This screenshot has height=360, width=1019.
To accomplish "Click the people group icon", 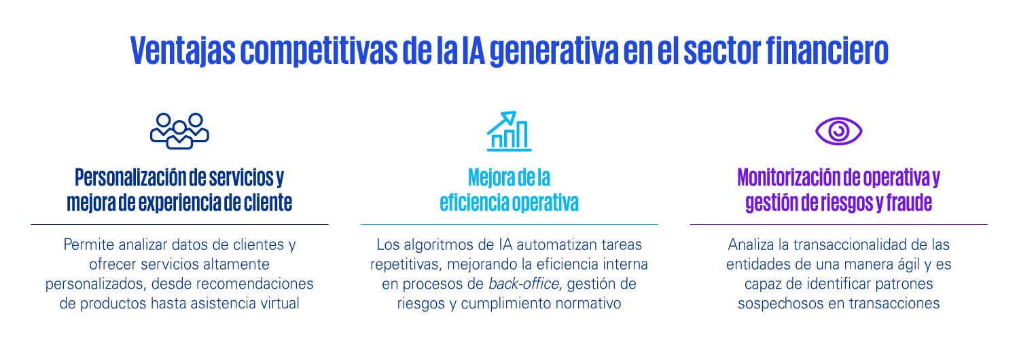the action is pos(179,131).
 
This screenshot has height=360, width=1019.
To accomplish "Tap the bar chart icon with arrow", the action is pos(509,131).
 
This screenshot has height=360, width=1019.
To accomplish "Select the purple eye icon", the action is pos(838,131).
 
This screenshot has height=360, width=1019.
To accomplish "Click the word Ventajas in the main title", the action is pos(183,50).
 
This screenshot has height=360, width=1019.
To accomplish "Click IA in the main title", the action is pos(473,50).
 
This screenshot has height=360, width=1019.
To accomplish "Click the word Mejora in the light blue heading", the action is pos(490,177).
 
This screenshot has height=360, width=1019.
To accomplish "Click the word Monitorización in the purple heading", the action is pos(789,177).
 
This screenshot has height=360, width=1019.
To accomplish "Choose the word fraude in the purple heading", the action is pos(909,202).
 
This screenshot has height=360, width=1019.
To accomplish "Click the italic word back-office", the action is pos(524,283).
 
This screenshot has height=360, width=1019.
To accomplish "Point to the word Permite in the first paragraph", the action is pos(89,245).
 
